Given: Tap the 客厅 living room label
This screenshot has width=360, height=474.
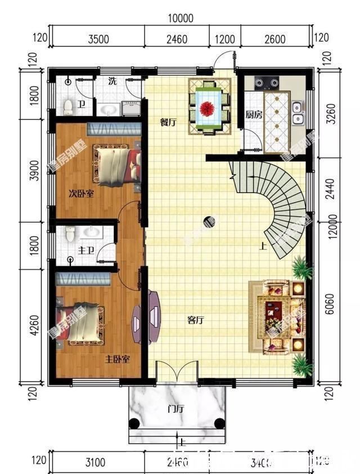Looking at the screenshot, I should tap(195, 320).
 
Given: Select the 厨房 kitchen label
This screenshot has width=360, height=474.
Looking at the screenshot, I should tap(254, 114).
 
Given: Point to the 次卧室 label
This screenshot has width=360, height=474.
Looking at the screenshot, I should tap(81, 194).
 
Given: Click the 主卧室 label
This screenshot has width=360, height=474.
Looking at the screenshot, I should tap(118, 359).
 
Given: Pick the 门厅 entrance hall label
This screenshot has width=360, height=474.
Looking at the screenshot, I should tap(176, 409).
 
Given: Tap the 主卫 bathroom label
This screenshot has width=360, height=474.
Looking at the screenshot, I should tap(86, 249).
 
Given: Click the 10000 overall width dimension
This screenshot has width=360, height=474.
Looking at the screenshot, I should tap(180, 18).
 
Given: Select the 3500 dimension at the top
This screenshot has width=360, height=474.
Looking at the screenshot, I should tap(98, 39).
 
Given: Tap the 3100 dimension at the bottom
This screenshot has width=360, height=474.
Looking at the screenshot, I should tap(95, 463).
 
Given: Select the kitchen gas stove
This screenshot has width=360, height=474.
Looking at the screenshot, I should tap(266, 83).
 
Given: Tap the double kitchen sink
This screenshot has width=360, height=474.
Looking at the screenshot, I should tap(298, 113).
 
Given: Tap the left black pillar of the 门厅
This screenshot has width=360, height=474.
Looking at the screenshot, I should tap(134, 424).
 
